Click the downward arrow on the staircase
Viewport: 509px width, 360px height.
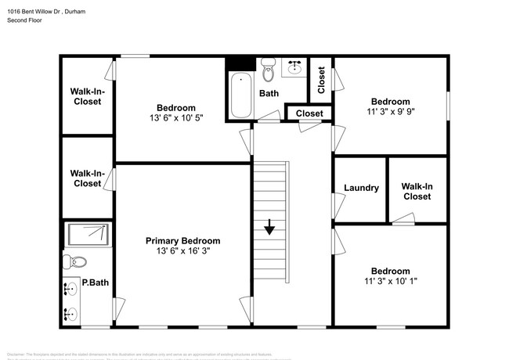pos(269,227)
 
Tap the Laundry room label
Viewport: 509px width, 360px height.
pos(361,188)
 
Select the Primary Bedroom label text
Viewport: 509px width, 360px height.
pos(182,240)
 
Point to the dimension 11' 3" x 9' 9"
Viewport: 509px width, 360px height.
pos(390,112)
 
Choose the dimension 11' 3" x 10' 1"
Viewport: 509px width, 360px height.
pos(390,282)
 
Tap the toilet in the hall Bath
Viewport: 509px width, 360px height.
pos(268,71)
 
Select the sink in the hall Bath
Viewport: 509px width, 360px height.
pos(294,68)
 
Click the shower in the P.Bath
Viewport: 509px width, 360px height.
pos(88,234)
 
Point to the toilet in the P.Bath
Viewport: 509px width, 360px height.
pos(76,262)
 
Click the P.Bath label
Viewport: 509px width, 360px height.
pos(94,283)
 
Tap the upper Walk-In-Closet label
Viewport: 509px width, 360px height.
pos(87,96)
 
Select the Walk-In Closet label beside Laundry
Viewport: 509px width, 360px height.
pos(417,192)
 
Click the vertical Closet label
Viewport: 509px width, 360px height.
pos(321,79)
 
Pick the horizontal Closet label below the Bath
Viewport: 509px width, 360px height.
pos(309,114)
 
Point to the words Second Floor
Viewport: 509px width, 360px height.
pos(25,20)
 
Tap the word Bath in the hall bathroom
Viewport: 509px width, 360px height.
pos(269,94)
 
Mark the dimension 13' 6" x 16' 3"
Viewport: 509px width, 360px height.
pos(182,251)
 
